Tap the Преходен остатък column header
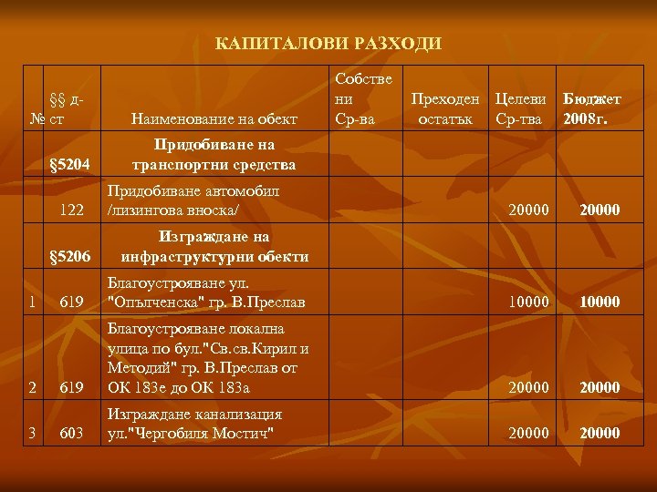tap(447, 108)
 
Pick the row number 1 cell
tap(32, 302)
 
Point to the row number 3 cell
tap(32, 433)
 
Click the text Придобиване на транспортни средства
tap(214, 156)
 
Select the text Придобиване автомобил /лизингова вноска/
tap(193, 201)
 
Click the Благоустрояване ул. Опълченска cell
tap(206, 292)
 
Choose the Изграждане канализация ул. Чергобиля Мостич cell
tap(194, 423)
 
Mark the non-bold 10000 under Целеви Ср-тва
tap(529, 302)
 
